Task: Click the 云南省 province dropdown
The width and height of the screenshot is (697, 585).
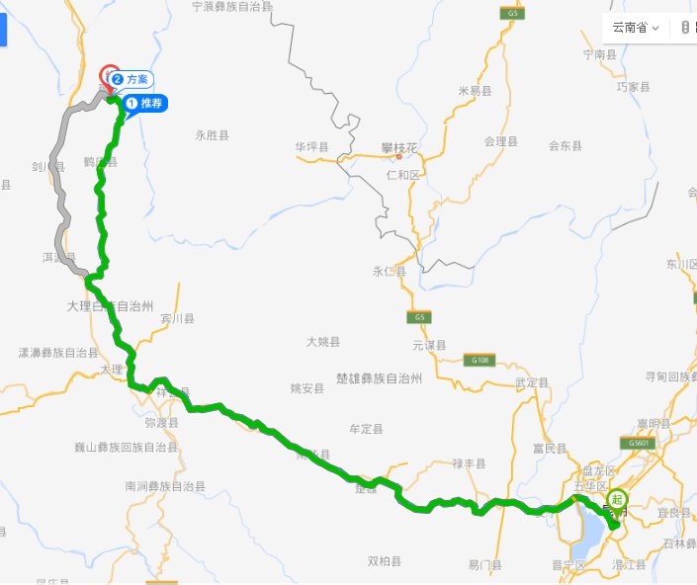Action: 635,28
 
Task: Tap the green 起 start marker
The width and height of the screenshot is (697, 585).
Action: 617,500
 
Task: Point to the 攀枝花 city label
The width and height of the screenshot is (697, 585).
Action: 399,149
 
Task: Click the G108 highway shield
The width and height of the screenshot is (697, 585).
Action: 479,361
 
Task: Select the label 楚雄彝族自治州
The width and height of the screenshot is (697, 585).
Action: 379,378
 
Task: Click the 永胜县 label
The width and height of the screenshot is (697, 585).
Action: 213,135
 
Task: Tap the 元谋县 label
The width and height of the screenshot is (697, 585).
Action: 430,345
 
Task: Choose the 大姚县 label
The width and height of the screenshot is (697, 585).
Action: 322,342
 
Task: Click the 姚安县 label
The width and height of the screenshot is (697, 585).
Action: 307,388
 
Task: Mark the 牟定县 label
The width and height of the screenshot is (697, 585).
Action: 366,429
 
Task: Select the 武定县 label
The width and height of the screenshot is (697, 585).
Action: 532,381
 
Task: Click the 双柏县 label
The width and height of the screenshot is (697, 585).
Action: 385,561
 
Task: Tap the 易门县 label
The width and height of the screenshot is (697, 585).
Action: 485,565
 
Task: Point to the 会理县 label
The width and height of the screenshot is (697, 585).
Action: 501,141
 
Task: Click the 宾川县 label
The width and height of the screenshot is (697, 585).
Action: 178,319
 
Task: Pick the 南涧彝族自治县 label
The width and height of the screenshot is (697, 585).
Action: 165,486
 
